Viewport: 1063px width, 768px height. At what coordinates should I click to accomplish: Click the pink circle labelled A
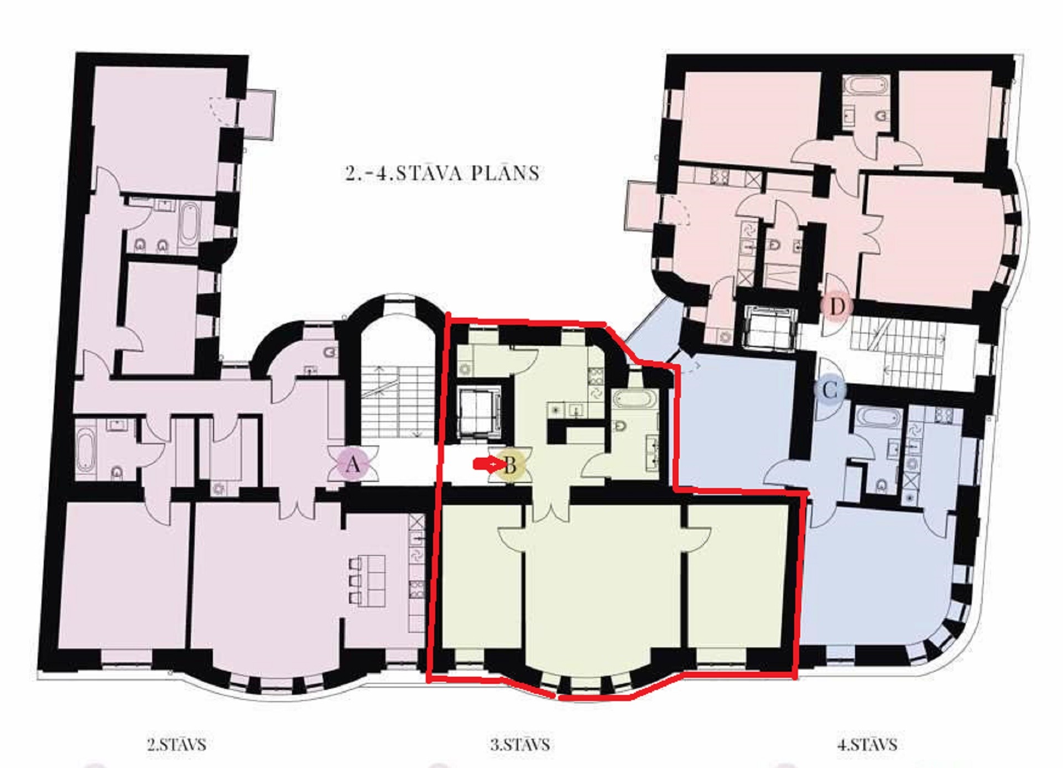point(352,465)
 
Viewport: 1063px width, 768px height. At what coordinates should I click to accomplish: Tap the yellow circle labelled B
point(510,465)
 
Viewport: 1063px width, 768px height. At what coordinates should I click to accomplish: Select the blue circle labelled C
point(830,391)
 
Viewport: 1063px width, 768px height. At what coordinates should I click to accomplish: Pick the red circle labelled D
point(837,306)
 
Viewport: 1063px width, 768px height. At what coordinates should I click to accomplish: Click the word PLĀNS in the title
point(506,173)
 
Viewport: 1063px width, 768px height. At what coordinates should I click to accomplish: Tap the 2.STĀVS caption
point(176,744)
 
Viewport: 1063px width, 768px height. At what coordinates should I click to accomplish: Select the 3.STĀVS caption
point(520,744)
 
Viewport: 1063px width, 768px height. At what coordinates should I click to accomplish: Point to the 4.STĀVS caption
point(867,744)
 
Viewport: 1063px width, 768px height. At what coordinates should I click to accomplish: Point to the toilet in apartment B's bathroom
point(621,427)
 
